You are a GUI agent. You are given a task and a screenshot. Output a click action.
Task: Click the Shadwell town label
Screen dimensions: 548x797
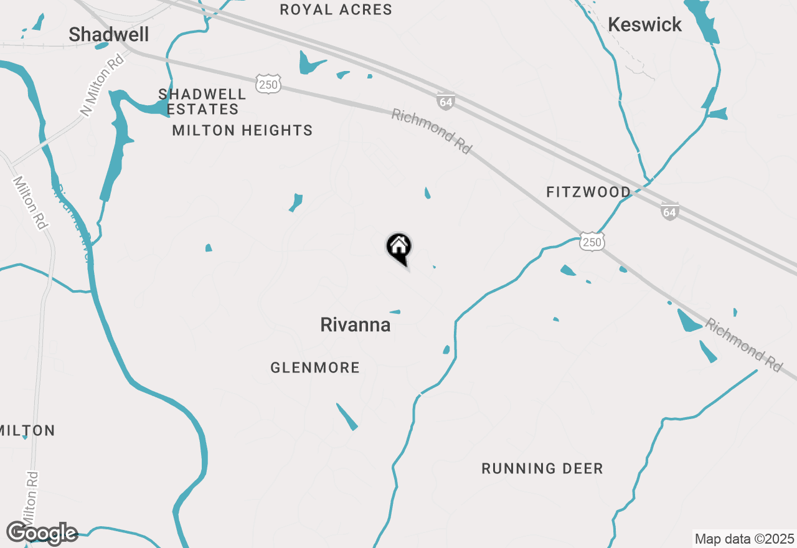pos(109,35)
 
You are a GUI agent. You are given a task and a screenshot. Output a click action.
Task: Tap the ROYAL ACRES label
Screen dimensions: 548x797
pos(336,9)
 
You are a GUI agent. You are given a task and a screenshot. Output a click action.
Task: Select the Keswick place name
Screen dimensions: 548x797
pos(644,25)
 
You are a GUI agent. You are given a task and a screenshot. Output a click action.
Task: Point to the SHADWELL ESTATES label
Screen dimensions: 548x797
pos(202,102)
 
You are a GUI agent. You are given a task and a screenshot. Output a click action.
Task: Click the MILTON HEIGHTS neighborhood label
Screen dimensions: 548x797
pos(242,130)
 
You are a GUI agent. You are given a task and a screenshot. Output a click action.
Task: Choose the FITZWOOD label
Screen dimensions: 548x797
pos(588,192)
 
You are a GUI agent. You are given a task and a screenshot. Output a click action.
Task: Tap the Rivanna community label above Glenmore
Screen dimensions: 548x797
pos(356,324)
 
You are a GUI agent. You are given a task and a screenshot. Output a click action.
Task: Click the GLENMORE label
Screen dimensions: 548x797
pos(315,368)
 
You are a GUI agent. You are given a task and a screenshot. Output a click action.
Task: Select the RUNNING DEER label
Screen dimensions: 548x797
pos(542,468)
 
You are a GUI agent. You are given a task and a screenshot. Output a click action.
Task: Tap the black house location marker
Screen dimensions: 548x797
pos(399,248)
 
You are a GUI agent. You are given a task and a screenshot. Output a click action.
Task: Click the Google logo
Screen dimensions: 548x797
pos(42,533)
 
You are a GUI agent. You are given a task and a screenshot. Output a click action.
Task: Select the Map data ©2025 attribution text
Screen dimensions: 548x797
pos(744,538)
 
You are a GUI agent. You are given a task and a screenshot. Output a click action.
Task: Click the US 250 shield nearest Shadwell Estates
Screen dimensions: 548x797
pos(268,83)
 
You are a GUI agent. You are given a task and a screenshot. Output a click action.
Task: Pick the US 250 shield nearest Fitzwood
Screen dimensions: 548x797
pos(592,242)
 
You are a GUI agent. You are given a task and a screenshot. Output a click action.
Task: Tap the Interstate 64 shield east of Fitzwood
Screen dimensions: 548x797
pos(669,211)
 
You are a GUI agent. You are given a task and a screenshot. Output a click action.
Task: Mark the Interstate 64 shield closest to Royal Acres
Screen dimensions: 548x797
pos(446,101)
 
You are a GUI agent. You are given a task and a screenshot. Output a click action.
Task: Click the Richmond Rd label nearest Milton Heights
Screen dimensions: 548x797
pos(431,131)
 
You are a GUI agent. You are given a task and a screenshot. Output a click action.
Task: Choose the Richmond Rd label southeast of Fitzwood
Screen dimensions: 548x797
pos(743,346)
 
